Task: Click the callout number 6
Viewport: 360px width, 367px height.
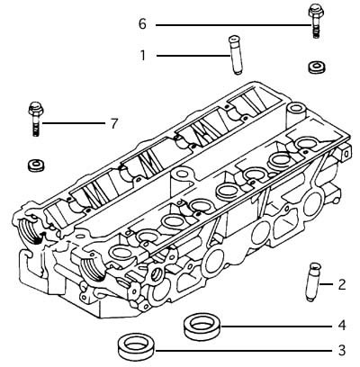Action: (x=142, y=23)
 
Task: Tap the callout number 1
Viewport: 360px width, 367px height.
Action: (x=142, y=56)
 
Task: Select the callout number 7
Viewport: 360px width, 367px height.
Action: (x=113, y=122)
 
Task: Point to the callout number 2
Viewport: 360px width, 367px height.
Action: (x=342, y=284)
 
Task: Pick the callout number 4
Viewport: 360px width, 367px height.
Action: (x=342, y=325)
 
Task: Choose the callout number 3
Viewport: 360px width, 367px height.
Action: (x=342, y=350)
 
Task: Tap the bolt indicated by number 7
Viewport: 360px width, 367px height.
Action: (x=34, y=117)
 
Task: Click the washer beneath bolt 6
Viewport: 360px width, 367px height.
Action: (x=317, y=67)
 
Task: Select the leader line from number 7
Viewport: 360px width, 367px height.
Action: (x=72, y=122)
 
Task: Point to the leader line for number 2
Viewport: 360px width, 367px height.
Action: (x=327, y=284)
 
